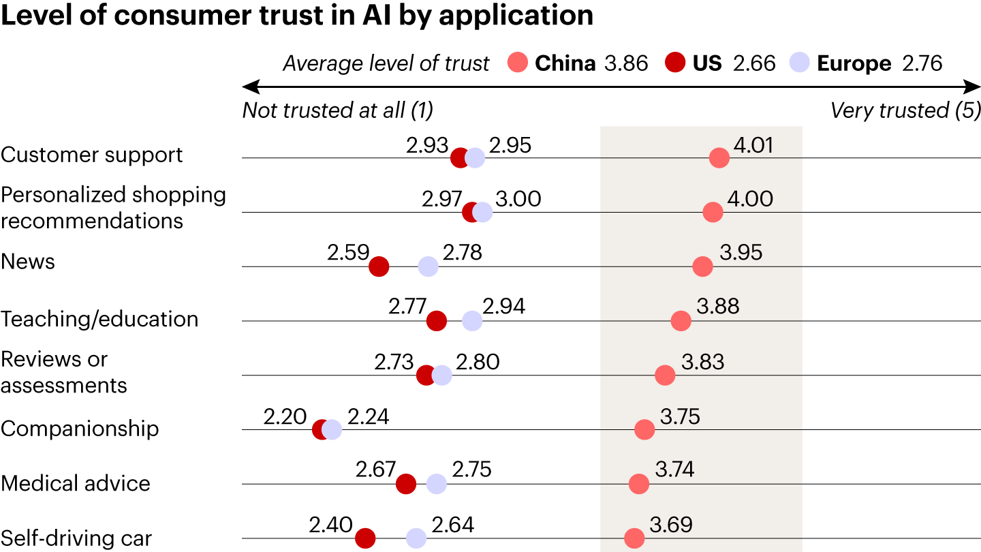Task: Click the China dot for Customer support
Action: pyautogui.click(x=719, y=158)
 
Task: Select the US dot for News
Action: pyautogui.click(x=379, y=266)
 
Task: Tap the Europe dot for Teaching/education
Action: pyautogui.click(x=471, y=321)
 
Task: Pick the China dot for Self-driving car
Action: pyautogui.click(x=634, y=538)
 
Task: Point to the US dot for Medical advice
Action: pyautogui.click(x=406, y=485)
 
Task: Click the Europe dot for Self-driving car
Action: pyautogui.click(x=416, y=538)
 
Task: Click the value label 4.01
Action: pyautogui.click(x=753, y=144)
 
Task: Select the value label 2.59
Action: pyautogui.click(x=348, y=253)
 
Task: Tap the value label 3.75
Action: pyautogui.click(x=680, y=416)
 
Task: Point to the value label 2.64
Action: pyautogui.click(x=453, y=525)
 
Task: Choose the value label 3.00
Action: pyautogui.click(x=518, y=199)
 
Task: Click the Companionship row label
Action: pyautogui.click(x=80, y=429)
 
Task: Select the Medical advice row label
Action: pyautogui.click(x=76, y=483)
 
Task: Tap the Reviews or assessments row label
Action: pyautogui.click(x=64, y=372)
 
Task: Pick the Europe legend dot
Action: pyautogui.click(x=799, y=63)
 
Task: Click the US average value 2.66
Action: pyautogui.click(x=754, y=63)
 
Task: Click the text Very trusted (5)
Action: pyautogui.click(x=905, y=110)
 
